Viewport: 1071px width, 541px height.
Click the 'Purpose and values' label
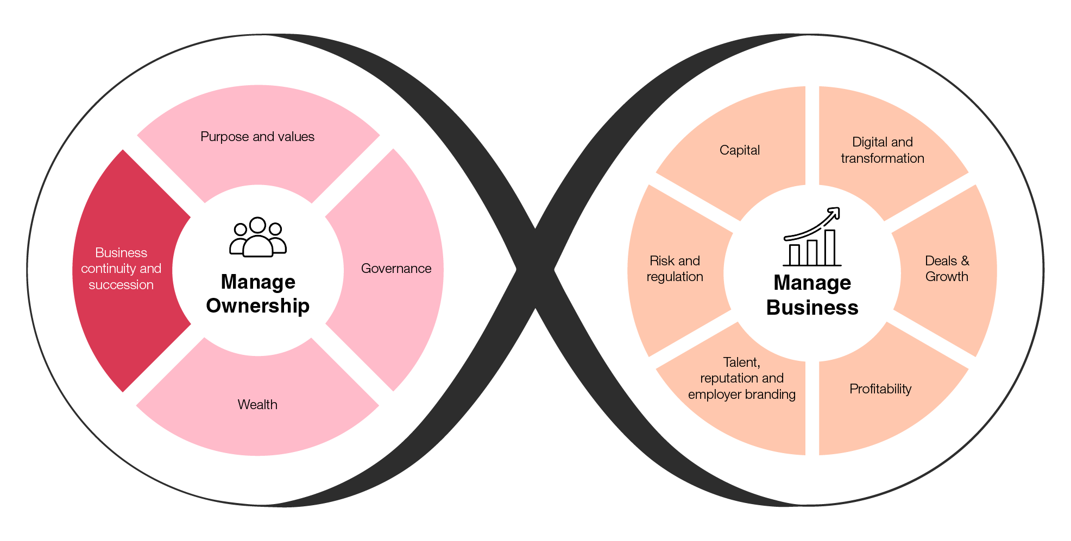(x=257, y=137)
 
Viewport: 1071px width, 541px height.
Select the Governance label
(x=396, y=269)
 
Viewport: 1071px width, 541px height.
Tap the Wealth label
(x=257, y=405)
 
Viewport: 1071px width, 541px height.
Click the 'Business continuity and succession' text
(x=121, y=269)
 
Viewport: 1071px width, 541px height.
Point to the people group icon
(x=258, y=237)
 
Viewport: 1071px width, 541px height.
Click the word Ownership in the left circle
(x=258, y=306)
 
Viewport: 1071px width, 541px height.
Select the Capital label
(x=739, y=150)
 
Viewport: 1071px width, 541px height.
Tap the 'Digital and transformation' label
(x=882, y=150)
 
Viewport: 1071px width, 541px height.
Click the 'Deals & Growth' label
(x=947, y=269)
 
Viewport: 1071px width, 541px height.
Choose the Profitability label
(x=880, y=389)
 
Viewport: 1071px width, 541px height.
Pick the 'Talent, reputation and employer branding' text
(x=741, y=378)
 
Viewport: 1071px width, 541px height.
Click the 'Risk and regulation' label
(x=675, y=269)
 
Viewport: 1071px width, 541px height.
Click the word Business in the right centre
(x=812, y=308)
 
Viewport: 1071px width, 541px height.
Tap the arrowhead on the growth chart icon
(x=835, y=212)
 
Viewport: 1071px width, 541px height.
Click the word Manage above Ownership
(x=258, y=282)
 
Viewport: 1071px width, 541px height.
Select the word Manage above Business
(x=812, y=283)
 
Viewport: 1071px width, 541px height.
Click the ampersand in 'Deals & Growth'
(x=965, y=261)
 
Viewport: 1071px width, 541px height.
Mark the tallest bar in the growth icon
(x=830, y=248)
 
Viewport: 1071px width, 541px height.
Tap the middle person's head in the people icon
(x=257, y=225)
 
